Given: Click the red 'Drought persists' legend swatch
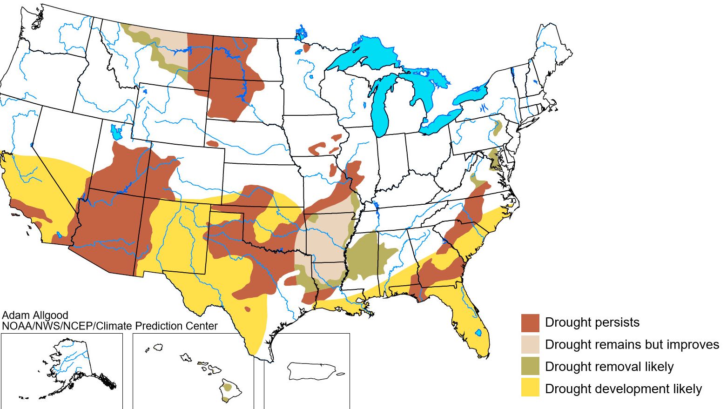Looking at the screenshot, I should [530, 322].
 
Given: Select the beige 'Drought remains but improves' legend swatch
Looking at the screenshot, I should [530, 344].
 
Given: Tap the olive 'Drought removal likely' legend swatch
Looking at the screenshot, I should [530, 366].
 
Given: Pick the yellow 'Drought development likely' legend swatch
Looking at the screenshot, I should [530, 388].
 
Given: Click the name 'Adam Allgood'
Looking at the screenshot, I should [35, 315].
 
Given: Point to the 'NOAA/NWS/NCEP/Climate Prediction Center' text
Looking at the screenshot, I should [109, 326].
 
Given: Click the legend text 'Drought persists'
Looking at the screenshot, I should [592, 322].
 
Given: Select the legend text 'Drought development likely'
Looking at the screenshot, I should [623, 389].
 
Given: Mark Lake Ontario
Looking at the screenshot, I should [470, 96].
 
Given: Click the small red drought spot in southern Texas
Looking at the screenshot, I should [247, 308].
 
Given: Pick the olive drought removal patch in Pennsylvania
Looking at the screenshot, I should [497, 127].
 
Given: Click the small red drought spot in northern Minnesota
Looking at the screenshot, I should [306, 47].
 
